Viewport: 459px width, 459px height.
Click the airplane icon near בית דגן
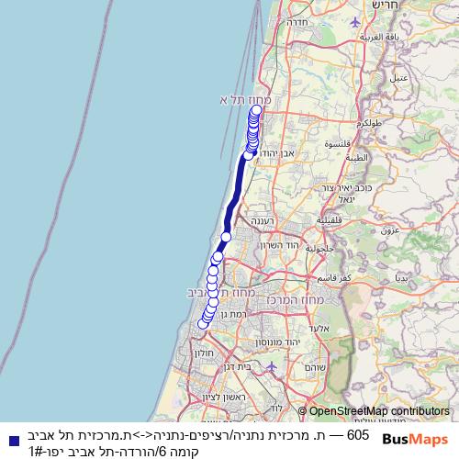pyautogui.click(x=271, y=367)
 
